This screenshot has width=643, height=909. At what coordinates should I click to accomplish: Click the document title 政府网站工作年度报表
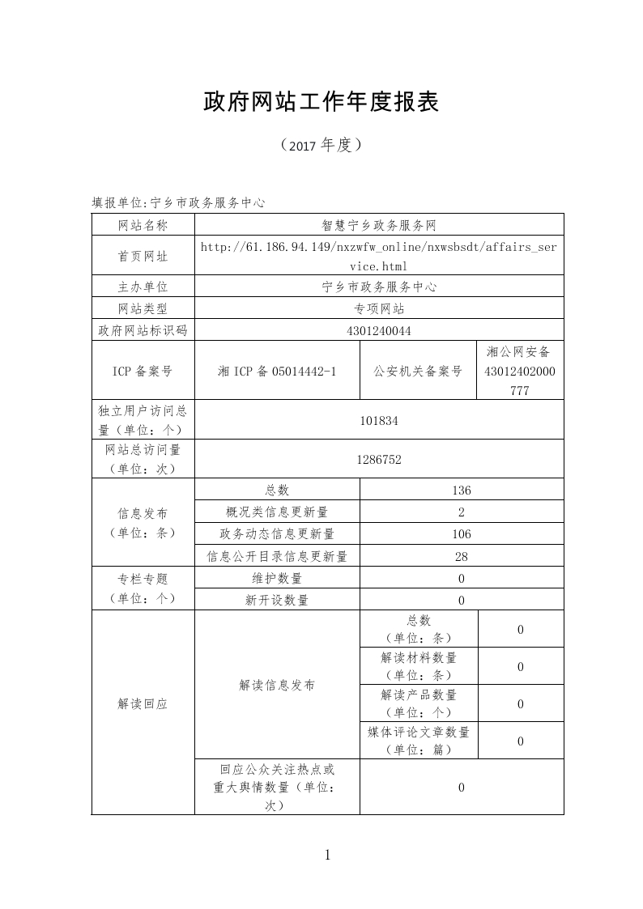321,102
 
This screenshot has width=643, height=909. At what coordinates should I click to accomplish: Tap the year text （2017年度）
321,146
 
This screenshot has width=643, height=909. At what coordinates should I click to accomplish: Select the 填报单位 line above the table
178,202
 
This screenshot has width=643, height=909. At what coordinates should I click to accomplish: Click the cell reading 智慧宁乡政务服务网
379,225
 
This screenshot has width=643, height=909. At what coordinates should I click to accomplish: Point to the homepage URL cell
379,256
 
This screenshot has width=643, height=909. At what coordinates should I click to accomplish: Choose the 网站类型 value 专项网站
379,308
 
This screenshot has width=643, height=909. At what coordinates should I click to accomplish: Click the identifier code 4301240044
379,330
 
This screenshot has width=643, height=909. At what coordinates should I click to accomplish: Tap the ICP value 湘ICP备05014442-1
277,371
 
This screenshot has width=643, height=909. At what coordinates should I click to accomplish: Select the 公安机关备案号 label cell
418,371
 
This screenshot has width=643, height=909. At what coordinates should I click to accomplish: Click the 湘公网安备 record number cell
520,371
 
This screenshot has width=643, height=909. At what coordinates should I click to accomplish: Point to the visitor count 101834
379,420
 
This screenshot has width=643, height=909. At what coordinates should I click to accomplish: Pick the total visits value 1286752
379,459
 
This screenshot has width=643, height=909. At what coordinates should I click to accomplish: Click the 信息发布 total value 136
462,490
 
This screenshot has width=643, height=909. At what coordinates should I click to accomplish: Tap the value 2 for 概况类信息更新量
462,512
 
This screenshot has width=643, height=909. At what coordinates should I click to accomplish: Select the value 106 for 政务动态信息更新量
462,534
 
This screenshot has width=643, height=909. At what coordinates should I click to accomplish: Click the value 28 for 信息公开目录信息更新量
462,556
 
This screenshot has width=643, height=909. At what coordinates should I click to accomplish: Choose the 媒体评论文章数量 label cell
419,741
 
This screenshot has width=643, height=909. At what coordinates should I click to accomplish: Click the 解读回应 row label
143,704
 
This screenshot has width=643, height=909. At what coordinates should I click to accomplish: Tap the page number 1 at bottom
327,855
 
